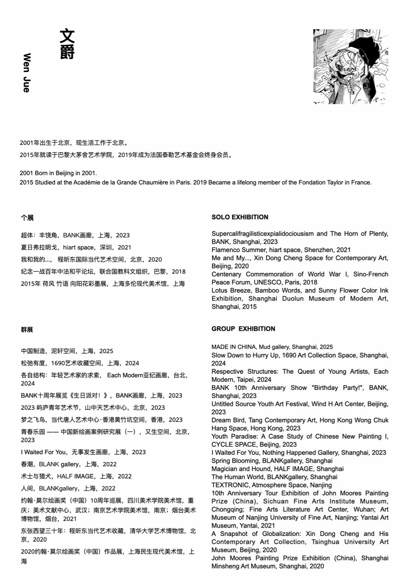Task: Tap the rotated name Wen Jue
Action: click(27, 73)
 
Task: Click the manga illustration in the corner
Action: click(350, 66)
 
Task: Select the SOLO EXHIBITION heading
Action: click(240, 217)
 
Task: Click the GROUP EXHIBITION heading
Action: click(243, 329)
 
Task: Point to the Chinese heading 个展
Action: click(27, 218)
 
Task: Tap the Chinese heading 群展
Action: click(27, 330)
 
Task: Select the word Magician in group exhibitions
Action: click(225, 469)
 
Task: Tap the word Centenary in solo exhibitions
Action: click(226, 274)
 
